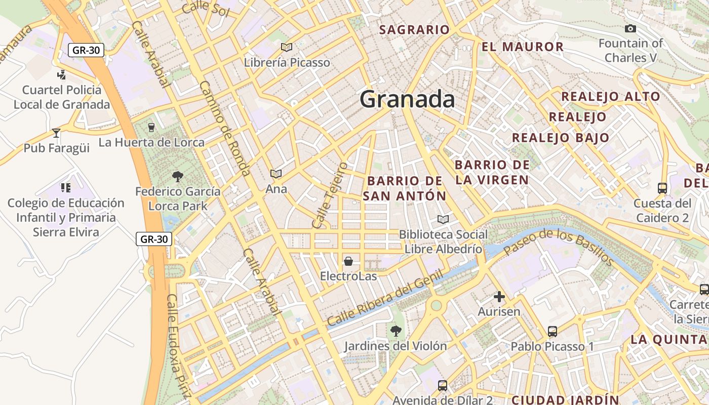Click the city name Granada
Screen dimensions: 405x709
[407, 99]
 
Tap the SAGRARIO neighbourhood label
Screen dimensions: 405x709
[414, 30]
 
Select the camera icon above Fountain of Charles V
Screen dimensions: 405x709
[631, 28]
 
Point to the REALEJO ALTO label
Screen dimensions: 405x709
[611, 97]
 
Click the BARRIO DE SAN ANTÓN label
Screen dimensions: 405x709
[405, 188]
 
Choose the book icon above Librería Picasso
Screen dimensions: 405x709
[287, 47]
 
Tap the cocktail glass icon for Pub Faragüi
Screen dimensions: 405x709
[56, 133]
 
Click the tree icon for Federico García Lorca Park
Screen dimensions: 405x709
[178, 177]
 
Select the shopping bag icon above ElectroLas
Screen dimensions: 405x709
[348, 261]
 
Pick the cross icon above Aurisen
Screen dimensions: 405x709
[499, 297]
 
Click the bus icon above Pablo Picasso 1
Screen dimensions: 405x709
[553, 332]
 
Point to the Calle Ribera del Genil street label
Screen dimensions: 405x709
[385, 298]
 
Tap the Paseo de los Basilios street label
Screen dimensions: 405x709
[559, 247]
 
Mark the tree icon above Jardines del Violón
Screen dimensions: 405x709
[396, 331]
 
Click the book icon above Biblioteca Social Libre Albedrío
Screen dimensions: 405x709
[443, 219]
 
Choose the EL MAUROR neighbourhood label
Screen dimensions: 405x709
[522, 47]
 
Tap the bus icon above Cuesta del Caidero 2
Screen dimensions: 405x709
[662, 188]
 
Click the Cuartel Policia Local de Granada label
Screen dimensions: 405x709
[62, 97]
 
